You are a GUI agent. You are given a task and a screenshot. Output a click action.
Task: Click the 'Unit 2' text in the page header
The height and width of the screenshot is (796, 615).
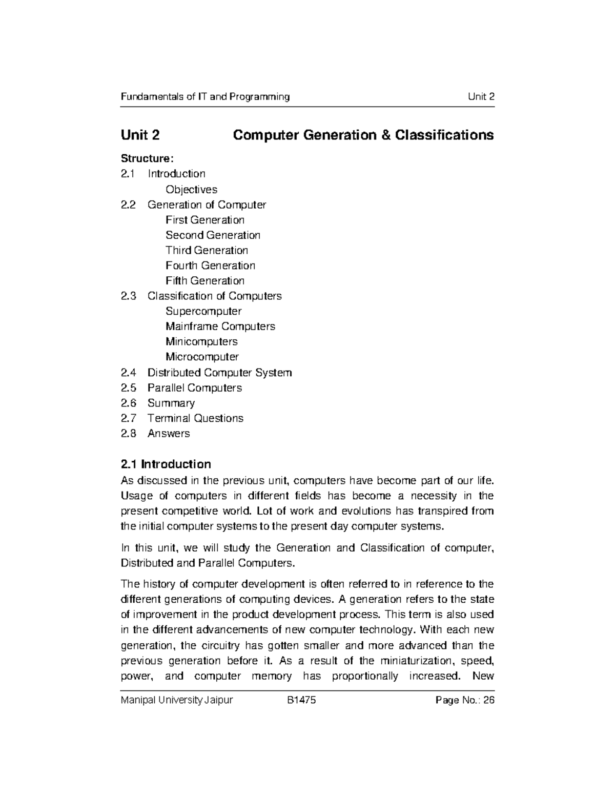pyautogui.click(x=481, y=97)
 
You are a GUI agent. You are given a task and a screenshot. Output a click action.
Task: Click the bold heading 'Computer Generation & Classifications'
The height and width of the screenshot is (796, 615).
pyautogui.click(x=363, y=135)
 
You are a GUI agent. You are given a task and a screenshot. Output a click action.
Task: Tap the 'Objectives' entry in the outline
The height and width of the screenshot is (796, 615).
pyautogui.click(x=191, y=190)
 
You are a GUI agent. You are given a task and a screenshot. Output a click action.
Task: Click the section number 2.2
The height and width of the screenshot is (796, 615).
pyautogui.click(x=128, y=205)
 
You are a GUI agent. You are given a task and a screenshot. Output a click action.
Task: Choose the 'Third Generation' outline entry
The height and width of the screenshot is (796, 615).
pyautogui.click(x=207, y=251)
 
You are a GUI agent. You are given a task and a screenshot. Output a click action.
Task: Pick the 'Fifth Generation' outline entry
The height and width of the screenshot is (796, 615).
pyautogui.click(x=205, y=281)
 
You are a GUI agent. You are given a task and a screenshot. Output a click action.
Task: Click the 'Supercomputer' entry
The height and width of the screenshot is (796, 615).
pyautogui.click(x=203, y=311)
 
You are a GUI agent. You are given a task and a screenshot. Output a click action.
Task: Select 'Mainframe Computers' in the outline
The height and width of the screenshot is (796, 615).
pyautogui.click(x=220, y=326)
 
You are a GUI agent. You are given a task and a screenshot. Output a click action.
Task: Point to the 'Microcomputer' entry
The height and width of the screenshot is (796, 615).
pyautogui.click(x=202, y=357)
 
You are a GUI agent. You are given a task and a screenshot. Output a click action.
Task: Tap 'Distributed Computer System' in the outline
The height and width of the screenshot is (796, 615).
pyautogui.click(x=219, y=373)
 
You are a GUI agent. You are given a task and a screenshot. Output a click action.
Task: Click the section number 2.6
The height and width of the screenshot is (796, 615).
pyautogui.click(x=128, y=403)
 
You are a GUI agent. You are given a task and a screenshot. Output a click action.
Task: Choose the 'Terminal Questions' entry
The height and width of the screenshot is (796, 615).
pyautogui.click(x=195, y=418)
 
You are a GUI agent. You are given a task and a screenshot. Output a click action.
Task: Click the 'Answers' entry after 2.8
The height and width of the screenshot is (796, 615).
pyautogui.click(x=169, y=434)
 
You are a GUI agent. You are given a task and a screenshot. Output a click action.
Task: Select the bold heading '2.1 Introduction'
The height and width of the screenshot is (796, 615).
pyautogui.click(x=166, y=464)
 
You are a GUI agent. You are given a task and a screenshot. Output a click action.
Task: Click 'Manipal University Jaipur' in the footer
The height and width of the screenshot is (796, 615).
pyautogui.click(x=176, y=700)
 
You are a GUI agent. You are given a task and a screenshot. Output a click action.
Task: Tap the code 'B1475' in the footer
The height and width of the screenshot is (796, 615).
pyautogui.click(x=301, y=700)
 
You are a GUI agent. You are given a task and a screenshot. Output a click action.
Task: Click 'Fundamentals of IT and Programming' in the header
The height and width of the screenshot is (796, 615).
pyautogui.click(x=205, y=97)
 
